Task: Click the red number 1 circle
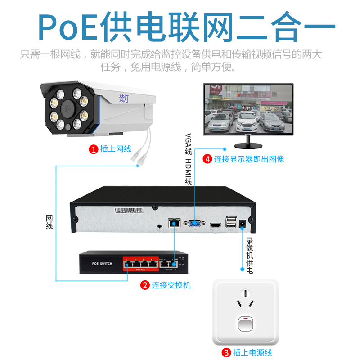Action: click(x=94, y=149)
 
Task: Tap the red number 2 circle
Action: click(x=145, y=285)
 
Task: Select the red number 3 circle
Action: click(x=227, y=352)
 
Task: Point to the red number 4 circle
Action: click(x=207, y=159)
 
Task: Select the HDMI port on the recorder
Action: click(x=216, y=224)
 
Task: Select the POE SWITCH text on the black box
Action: click(x=102, y=264)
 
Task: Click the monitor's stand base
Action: click(x=247, y=145)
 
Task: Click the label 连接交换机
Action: click(x=171, y=285)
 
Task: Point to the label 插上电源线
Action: click(x=252, y=352)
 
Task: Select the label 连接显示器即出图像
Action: click(x=249, y=159)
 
